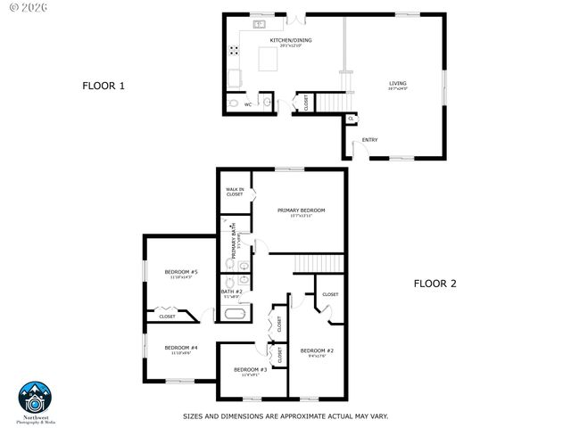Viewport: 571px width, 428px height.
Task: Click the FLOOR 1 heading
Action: coord(103,86)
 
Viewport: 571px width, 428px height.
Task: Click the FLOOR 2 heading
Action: coord(434,284)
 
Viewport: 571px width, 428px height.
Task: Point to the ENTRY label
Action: coord(369,140)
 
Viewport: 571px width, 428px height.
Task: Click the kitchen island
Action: coord(269,60)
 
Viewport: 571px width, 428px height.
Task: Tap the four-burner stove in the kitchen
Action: coord(234,52)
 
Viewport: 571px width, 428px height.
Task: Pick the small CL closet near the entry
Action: coord(351,118)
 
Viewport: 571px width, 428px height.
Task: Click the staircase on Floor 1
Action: coord(329,102)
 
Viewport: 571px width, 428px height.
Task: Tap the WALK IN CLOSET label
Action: coord(235,192)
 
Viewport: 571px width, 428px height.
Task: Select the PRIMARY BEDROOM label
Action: coord(301,210)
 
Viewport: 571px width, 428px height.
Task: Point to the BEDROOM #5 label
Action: coord(180,271)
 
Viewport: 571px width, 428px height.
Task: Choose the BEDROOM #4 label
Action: coord(180,348)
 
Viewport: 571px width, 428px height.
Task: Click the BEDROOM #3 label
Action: coord(251,369)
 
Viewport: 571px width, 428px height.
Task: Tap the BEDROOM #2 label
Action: coord(317,350)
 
